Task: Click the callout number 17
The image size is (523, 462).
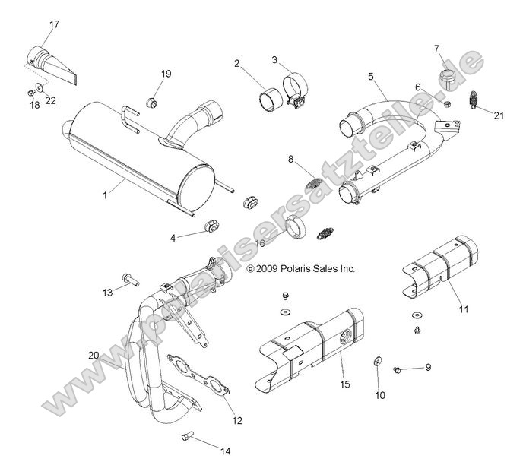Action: point(53,24)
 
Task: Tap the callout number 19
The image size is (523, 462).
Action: point(166,74)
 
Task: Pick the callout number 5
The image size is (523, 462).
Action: point(371,76)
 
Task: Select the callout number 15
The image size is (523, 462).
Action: point(344,385)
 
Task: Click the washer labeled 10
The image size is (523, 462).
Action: point(378,360)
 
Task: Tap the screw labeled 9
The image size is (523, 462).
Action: point(398,369)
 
